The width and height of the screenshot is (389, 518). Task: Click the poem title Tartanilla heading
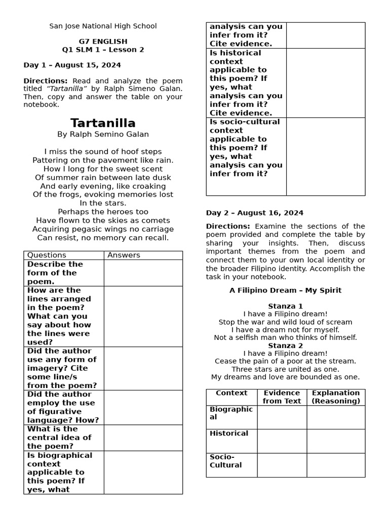[x=103, y=123]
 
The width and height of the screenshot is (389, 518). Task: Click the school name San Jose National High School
[x=103, y=26]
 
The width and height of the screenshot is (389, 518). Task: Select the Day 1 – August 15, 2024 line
[x=72, y=65]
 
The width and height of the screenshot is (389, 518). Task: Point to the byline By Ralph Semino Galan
[x=103, y=135]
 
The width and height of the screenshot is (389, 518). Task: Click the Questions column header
[x=47, y=255]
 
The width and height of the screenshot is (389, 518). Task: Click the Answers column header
[x=124, y=255]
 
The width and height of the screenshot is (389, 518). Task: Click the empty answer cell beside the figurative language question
[x=143, y=407]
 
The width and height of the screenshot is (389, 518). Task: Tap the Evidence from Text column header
[x=282, y=397]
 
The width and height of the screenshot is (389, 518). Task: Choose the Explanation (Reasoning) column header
[x=336, y=397]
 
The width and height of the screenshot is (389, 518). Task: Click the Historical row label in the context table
[x=229, y=434]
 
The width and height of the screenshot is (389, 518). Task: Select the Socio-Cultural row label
[x=226, y=461]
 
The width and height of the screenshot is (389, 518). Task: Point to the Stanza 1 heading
[x=285, y=306]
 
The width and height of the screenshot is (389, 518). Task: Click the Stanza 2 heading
[x=285, y=346]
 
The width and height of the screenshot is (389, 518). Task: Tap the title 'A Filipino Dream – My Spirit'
[x=285, y=290]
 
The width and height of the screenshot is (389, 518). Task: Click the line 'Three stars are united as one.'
[x=285, y=369]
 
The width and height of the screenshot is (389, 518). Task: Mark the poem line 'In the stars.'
[x=103, y=203]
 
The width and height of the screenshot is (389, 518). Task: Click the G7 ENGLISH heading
[x=103, y=41]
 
